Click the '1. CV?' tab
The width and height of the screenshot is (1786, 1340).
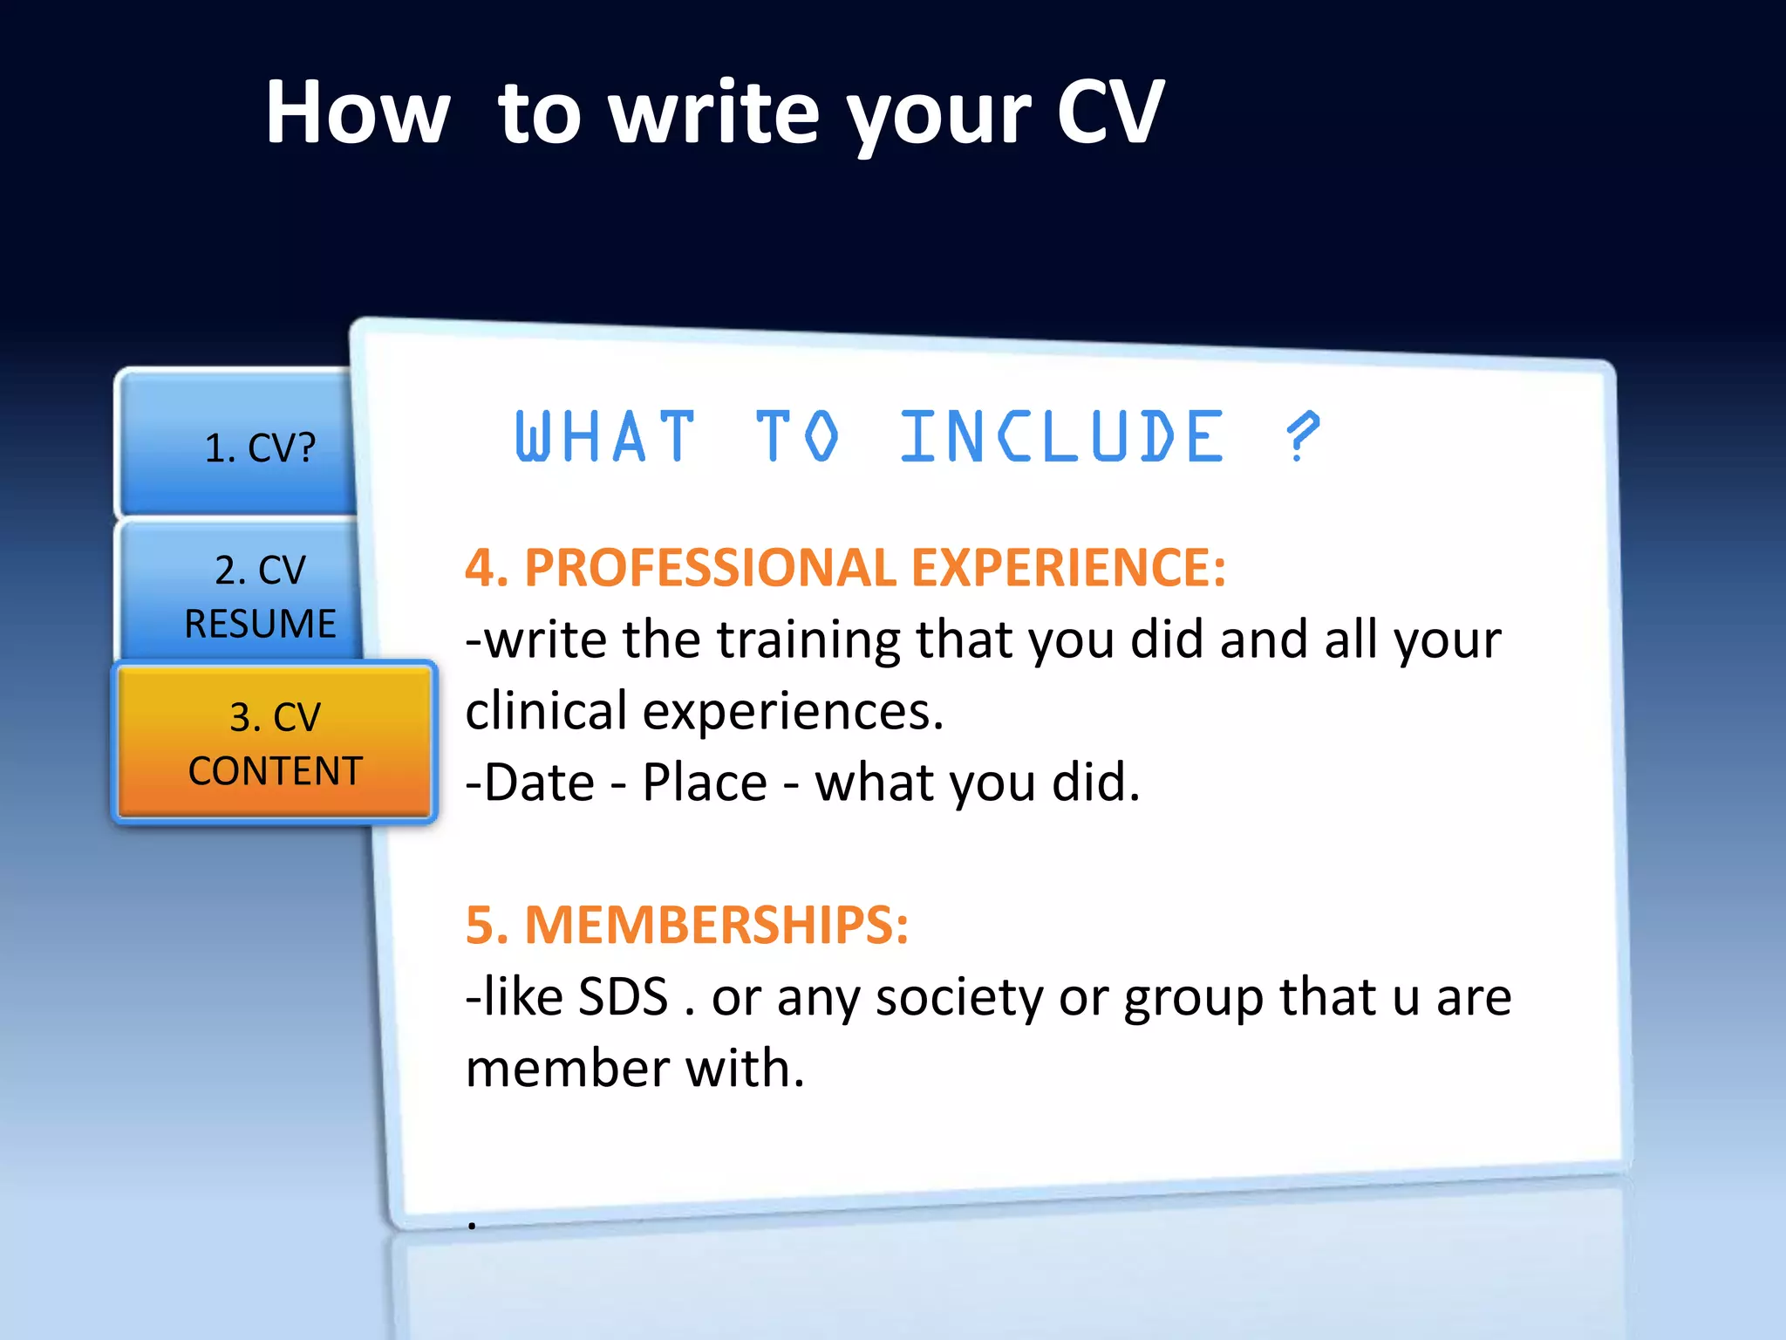pyautogui.click(x=259, y=448)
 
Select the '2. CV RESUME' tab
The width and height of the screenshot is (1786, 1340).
pyautogui.click(x=260, y=596)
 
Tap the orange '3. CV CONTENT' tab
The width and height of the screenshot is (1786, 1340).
pyautogui.click(x=275, y=743)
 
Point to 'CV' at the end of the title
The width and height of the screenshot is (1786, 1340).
pyautogui.click(x=1109, y=113)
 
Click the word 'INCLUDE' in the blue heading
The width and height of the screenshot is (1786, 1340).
pyautogui.click(x=1062, y=436)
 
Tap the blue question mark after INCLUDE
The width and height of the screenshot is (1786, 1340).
pyautogui.click(x=1303, y=436)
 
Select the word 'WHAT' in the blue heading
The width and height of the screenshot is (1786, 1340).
pyautogui.click(x=605, y=436)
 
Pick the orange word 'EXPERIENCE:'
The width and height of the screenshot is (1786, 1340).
pyautogui.click(x=1068, y=568)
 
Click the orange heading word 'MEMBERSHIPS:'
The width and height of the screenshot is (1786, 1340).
pyautogui.click(x=716, y=925)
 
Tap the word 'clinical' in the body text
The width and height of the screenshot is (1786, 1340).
pyautogui.click(x=546, y=711)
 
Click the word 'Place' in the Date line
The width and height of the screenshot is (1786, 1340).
pyautogui.click(x=704, y=783)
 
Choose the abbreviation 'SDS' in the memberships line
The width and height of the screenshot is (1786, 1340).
pyautogui.click(x=623, y=996)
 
